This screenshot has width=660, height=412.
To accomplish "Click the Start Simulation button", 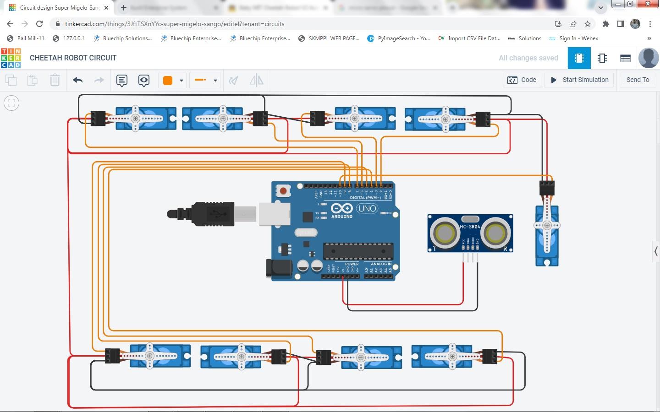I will (x=579, y=80).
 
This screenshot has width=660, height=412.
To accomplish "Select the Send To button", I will (x=638, y=80).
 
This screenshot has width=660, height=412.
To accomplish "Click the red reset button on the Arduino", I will (x=283, y=190).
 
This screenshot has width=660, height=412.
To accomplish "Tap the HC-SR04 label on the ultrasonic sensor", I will (x=470, y=227).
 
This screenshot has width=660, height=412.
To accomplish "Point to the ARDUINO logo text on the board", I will (x=342, y=217).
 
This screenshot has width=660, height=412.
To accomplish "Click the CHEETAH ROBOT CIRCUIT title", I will (x=73, y=58).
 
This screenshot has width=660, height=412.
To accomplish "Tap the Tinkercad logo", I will (x=11, y=58).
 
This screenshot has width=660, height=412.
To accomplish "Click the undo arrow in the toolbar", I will (x=77, y=81).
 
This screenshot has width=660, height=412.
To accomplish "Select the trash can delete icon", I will (x=55, y=80).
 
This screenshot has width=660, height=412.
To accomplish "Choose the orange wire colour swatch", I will (x=168, y=81).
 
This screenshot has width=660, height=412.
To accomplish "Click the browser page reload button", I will (x=39, y=24).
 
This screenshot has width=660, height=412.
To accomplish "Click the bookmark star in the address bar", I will (x=588, y=24).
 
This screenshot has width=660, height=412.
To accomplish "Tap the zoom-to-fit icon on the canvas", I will (x=11, y=103).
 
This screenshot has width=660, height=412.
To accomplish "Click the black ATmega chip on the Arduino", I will (x=358, y=251).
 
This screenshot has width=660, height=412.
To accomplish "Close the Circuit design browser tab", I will (x=106, y=8).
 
